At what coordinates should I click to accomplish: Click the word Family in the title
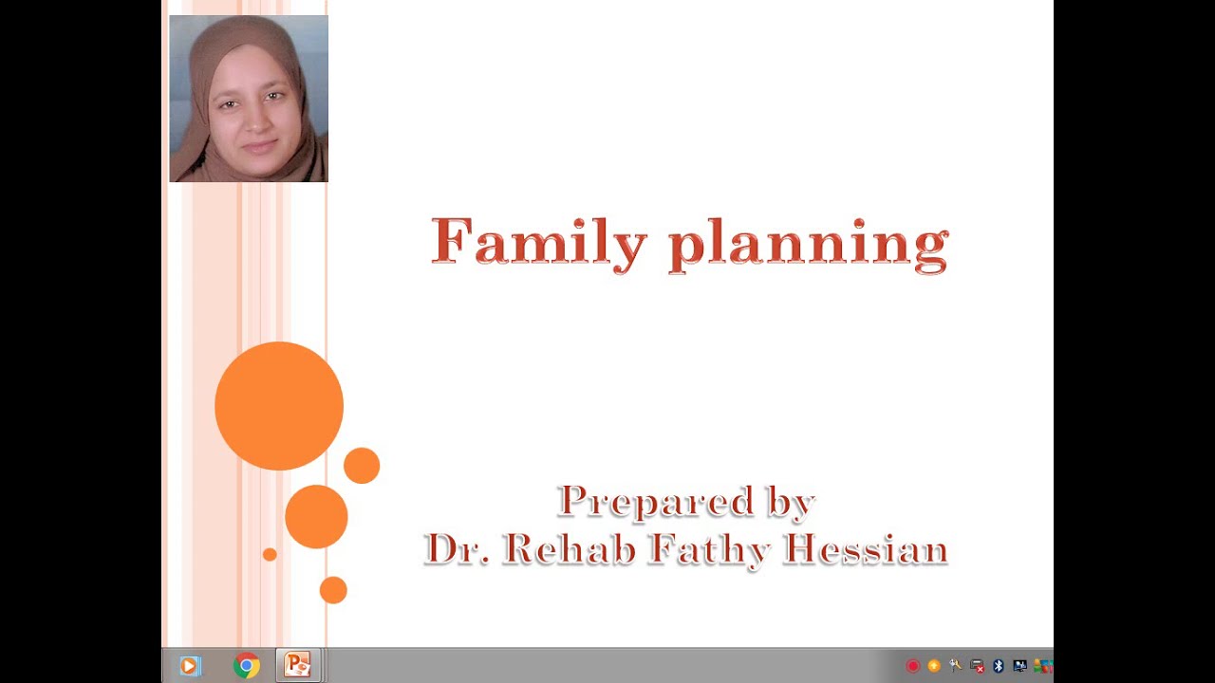[538, 242]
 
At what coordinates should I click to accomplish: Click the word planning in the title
[808, 245]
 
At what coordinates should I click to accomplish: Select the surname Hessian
[865, 548]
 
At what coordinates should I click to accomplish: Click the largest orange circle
[279, 406]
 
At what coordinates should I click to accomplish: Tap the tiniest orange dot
[270, 554]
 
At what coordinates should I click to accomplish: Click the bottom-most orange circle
[333, 590]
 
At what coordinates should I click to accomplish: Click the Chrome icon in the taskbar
[246, 666]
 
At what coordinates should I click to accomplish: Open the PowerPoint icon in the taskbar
[297, 666]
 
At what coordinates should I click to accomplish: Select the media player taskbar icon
[189, 666]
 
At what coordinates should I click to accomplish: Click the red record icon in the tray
[913, 666]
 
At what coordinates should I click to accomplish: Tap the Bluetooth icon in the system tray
[999, 666]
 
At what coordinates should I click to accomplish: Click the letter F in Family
[453, 241]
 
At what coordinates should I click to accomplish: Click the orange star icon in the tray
[934, 666]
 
